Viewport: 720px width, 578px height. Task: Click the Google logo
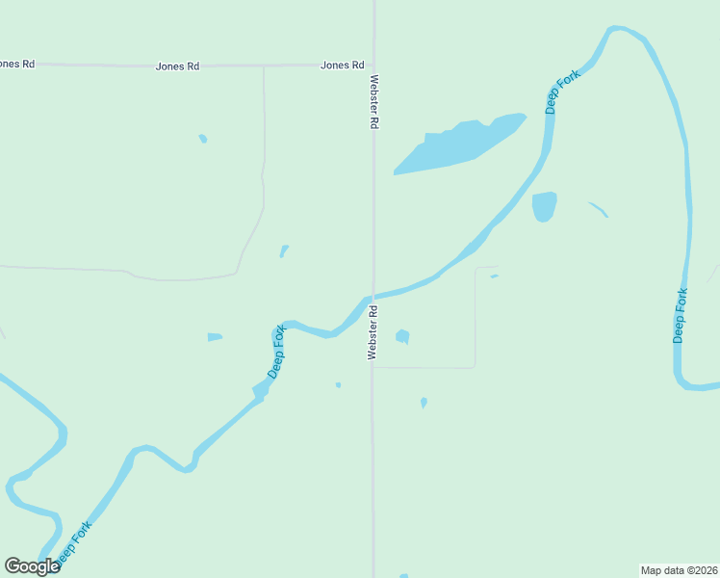(x=32, y=566)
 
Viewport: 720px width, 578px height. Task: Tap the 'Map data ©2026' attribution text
(x=679, y=569)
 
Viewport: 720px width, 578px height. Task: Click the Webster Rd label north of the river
(x=374, y=102)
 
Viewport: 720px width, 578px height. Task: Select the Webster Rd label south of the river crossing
(x=373, y=332)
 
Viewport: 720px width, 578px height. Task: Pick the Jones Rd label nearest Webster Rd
(x=343, y=66)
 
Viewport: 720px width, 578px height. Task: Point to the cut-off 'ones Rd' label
(x=16, y=64)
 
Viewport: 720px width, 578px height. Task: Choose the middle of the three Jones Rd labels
(x=177, y=66)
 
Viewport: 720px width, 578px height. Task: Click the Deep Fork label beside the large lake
(x=563, y=92)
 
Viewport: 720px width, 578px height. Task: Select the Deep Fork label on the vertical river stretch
(x=681, y=315)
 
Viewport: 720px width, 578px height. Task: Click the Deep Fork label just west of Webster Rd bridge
(x=277, y=352)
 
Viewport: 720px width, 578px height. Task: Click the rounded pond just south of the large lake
(x=544, y=206)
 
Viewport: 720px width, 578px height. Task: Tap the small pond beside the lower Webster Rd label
(x=402, y=336)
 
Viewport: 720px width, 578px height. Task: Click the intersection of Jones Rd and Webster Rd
(x=373, y=66)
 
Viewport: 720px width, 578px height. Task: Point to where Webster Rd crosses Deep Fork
(x=373, y=296)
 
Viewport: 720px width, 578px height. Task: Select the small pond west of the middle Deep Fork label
(x=215, y=337)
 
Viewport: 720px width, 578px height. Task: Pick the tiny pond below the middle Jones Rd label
(x=203, y=139)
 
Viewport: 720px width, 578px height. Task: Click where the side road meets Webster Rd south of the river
(x=373, y=367)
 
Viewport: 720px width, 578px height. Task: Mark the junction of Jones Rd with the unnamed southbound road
(x=264, y=66)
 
